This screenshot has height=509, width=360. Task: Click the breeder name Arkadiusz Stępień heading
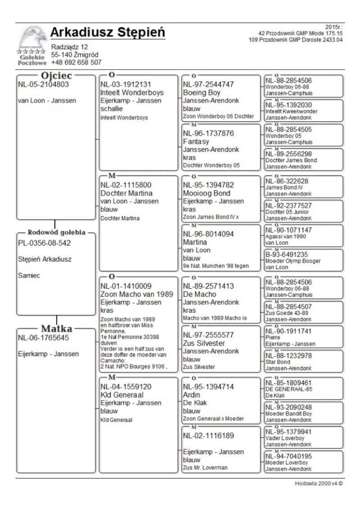coord(108,33)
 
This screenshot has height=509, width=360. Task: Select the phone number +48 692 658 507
coord(76,63)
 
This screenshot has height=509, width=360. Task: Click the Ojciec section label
coord(54,76)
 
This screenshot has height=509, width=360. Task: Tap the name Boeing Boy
coord(202,93)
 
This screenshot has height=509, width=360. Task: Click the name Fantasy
coord(197,141)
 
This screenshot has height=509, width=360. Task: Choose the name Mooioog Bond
coord(207,193)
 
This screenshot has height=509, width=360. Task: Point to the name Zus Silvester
coord(204,343)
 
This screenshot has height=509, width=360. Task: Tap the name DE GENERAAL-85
coord(288,389)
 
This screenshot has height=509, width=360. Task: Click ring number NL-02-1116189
coord(208,436)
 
